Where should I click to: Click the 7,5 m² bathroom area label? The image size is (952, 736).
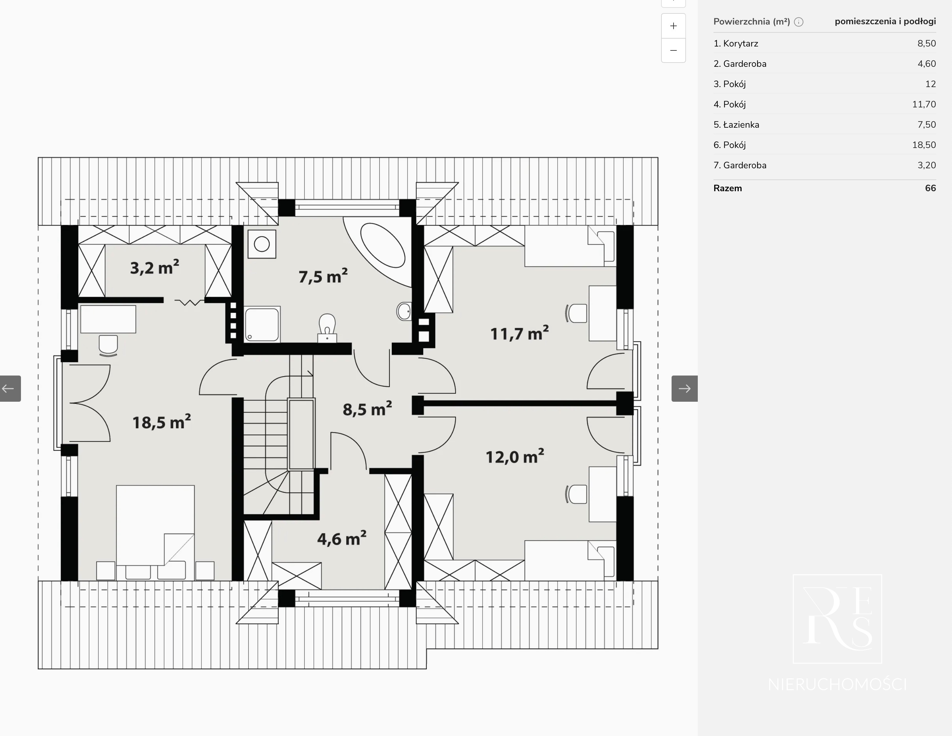coord(323,276)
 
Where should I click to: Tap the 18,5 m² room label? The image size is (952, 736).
coord(161,422)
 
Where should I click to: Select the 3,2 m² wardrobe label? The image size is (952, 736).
coord(154,267)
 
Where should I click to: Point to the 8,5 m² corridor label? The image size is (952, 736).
coord(367,409)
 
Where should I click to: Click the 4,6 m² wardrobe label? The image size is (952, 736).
coord(341,539)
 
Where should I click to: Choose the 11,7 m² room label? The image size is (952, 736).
coord(519,333)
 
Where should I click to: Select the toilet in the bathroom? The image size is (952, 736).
coord(327,328)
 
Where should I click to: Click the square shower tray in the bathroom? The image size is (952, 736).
coord(262,324)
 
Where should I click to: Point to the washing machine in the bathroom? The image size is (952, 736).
coord(261,244)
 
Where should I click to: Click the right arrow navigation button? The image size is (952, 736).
coord(684,388)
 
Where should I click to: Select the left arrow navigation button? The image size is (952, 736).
coord(10,388)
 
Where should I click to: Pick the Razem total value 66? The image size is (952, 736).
coord(930,188)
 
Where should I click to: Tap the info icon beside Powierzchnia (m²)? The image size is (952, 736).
coord(799,22)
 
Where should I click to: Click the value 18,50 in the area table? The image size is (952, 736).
coord(924,145)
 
